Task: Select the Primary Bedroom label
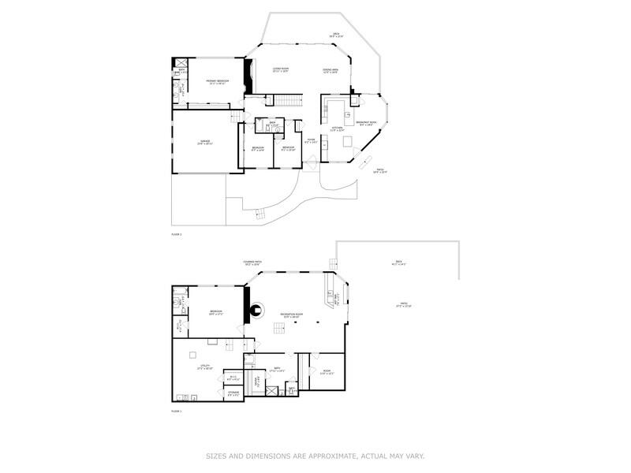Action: click(217, 82)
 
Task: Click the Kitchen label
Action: click(337, 129)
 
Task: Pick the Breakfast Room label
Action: click(366, 123)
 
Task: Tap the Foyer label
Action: click(312, 141)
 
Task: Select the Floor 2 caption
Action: click(177, 235)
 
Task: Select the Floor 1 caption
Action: click(177, 412)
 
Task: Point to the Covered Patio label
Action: click(252, 264)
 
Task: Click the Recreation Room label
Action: click(292, 315)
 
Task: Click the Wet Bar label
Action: click(337, 300)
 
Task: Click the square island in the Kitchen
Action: click(348, 141)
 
